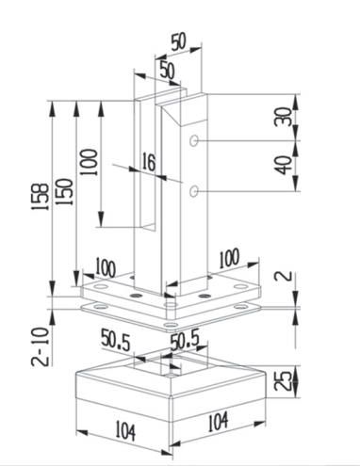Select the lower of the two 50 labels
(166, 71)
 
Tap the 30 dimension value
(284, 117)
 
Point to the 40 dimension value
(284, 165)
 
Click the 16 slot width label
(149, 163)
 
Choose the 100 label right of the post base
(231, 257)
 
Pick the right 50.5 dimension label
(182, 337)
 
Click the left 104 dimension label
(123, 432)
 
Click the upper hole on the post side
(194, 140)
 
